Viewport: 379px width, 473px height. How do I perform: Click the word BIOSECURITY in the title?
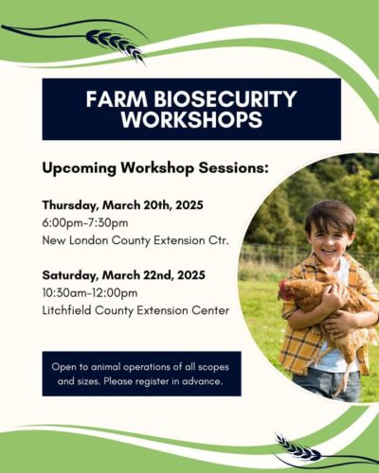tap(226, 99)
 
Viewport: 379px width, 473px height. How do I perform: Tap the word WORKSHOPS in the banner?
tap(191, 119)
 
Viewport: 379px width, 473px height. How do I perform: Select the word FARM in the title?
tap(117, 99)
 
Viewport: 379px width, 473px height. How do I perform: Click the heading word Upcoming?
tap(80, 168)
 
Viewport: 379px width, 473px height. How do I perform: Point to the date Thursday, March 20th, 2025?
tap(123, 205)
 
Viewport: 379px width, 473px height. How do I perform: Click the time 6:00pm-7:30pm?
tap(85, 223)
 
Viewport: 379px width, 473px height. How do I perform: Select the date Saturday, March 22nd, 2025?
tap(124, 275)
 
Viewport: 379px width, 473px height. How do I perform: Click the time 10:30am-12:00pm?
tap(90, 293)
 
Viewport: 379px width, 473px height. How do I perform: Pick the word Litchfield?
tap(67, 310)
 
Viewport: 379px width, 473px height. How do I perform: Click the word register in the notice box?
tap(150, 381)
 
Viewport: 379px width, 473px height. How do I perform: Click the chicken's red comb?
tap(282, 285)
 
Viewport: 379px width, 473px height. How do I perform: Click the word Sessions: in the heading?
tap(233, 167)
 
